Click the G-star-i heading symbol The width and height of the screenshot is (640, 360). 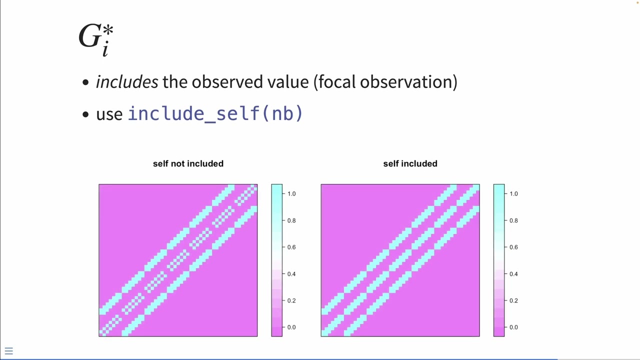pos(96,39)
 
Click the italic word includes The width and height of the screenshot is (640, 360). pos(127,82)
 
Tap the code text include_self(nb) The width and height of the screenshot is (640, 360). pos(215,113)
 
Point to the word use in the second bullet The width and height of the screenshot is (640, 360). pos(109,114)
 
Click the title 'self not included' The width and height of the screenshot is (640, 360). pos(188,163)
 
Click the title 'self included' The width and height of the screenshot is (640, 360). pos(410,163)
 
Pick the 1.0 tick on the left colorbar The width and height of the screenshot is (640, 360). pos(291,193)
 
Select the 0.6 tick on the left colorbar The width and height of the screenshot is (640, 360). pos(291,247)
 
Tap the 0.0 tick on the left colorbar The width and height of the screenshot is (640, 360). pos(291,327)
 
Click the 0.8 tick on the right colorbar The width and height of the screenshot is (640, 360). pos(513,220)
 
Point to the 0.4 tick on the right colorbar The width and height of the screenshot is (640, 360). pos(513,274)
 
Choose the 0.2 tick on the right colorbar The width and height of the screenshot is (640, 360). pos(513,300)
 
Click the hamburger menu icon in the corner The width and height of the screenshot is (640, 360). pos(8,351)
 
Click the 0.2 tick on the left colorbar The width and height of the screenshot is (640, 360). pos(291,300)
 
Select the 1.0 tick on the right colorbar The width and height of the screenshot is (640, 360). pos(513,193)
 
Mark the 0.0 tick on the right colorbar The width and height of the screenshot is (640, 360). pos(513,327)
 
